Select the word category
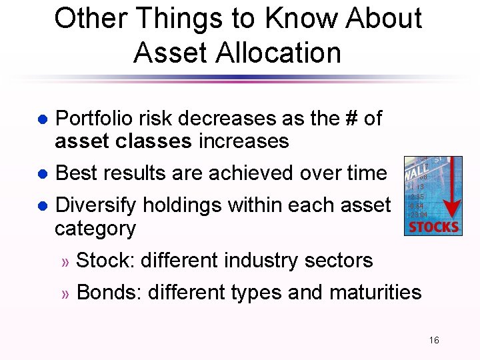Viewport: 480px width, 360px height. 95,229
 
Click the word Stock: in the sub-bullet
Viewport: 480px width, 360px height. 104,260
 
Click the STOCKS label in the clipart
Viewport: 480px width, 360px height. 433,227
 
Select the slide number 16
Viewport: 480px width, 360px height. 434,341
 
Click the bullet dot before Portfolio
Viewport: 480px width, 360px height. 41,120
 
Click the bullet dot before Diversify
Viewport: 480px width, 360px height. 41,206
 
